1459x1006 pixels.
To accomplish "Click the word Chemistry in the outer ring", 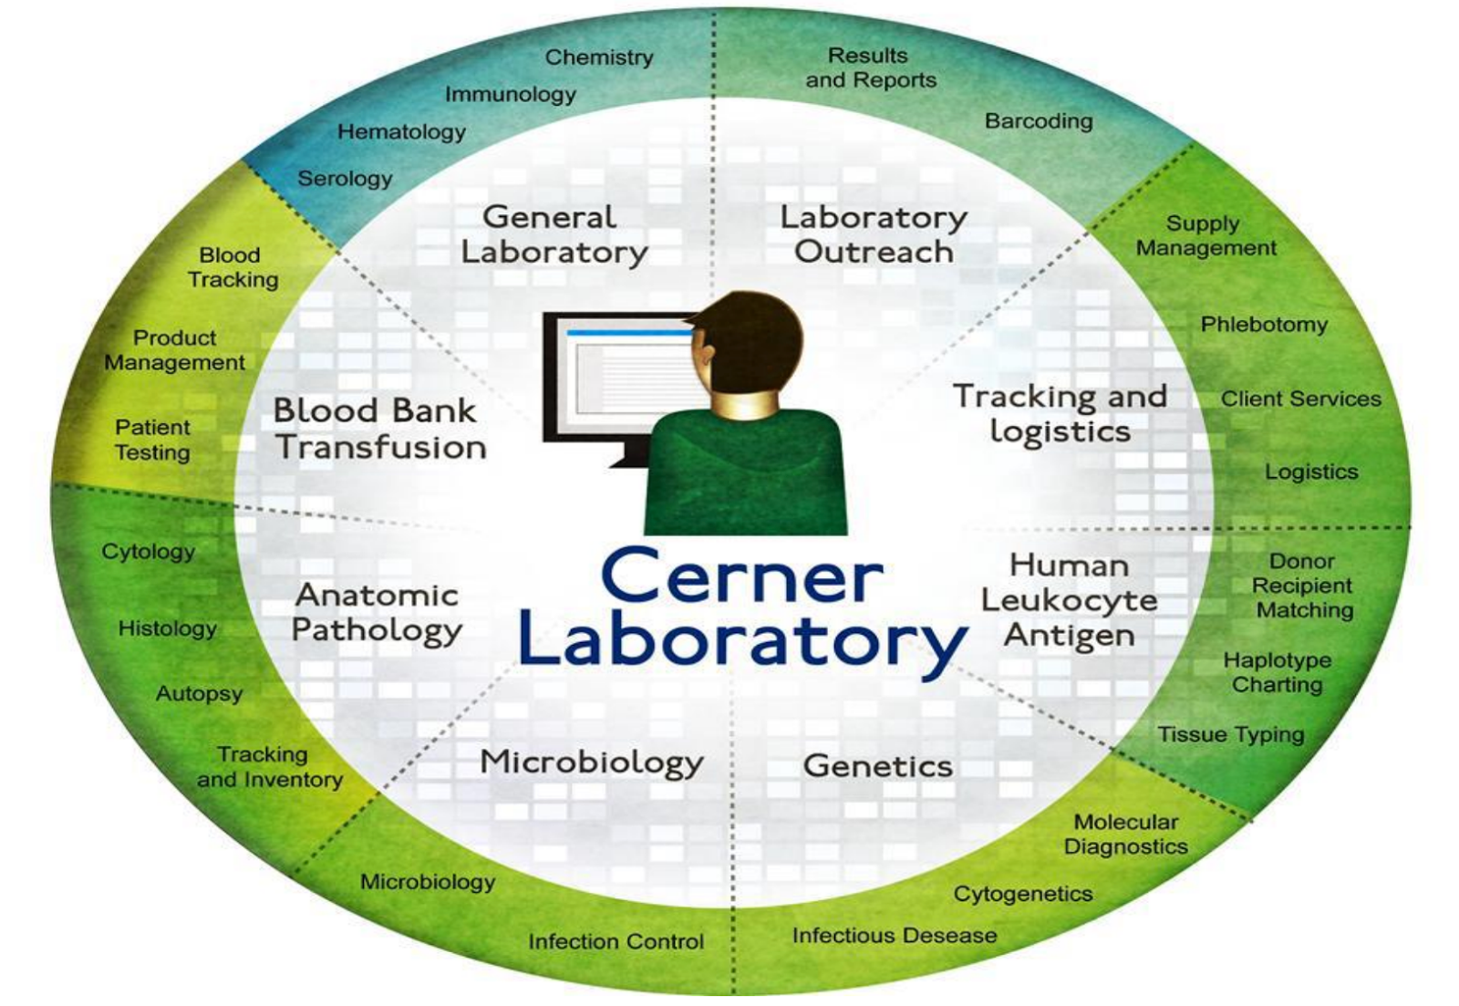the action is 599,57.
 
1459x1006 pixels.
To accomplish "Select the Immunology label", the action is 510,95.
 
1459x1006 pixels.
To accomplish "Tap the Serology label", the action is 345,179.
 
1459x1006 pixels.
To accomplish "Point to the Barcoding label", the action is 1039,121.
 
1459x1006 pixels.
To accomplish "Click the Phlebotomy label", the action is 1264,325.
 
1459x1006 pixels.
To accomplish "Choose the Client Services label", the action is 1300,399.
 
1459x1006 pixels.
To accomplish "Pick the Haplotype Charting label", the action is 1277,672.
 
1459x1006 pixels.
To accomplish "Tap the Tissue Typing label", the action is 1231,734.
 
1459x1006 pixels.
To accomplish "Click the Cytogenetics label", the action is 1022,894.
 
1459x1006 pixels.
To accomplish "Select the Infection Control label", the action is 616,941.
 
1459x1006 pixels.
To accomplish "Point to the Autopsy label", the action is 199,694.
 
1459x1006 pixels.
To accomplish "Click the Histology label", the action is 168,628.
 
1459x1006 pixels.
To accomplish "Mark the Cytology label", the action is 149,552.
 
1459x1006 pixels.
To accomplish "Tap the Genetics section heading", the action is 877,766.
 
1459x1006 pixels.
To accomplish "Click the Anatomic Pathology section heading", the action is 377,613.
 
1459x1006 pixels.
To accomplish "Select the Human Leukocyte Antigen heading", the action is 1069,600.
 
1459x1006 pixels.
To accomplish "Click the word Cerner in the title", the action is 742,577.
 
